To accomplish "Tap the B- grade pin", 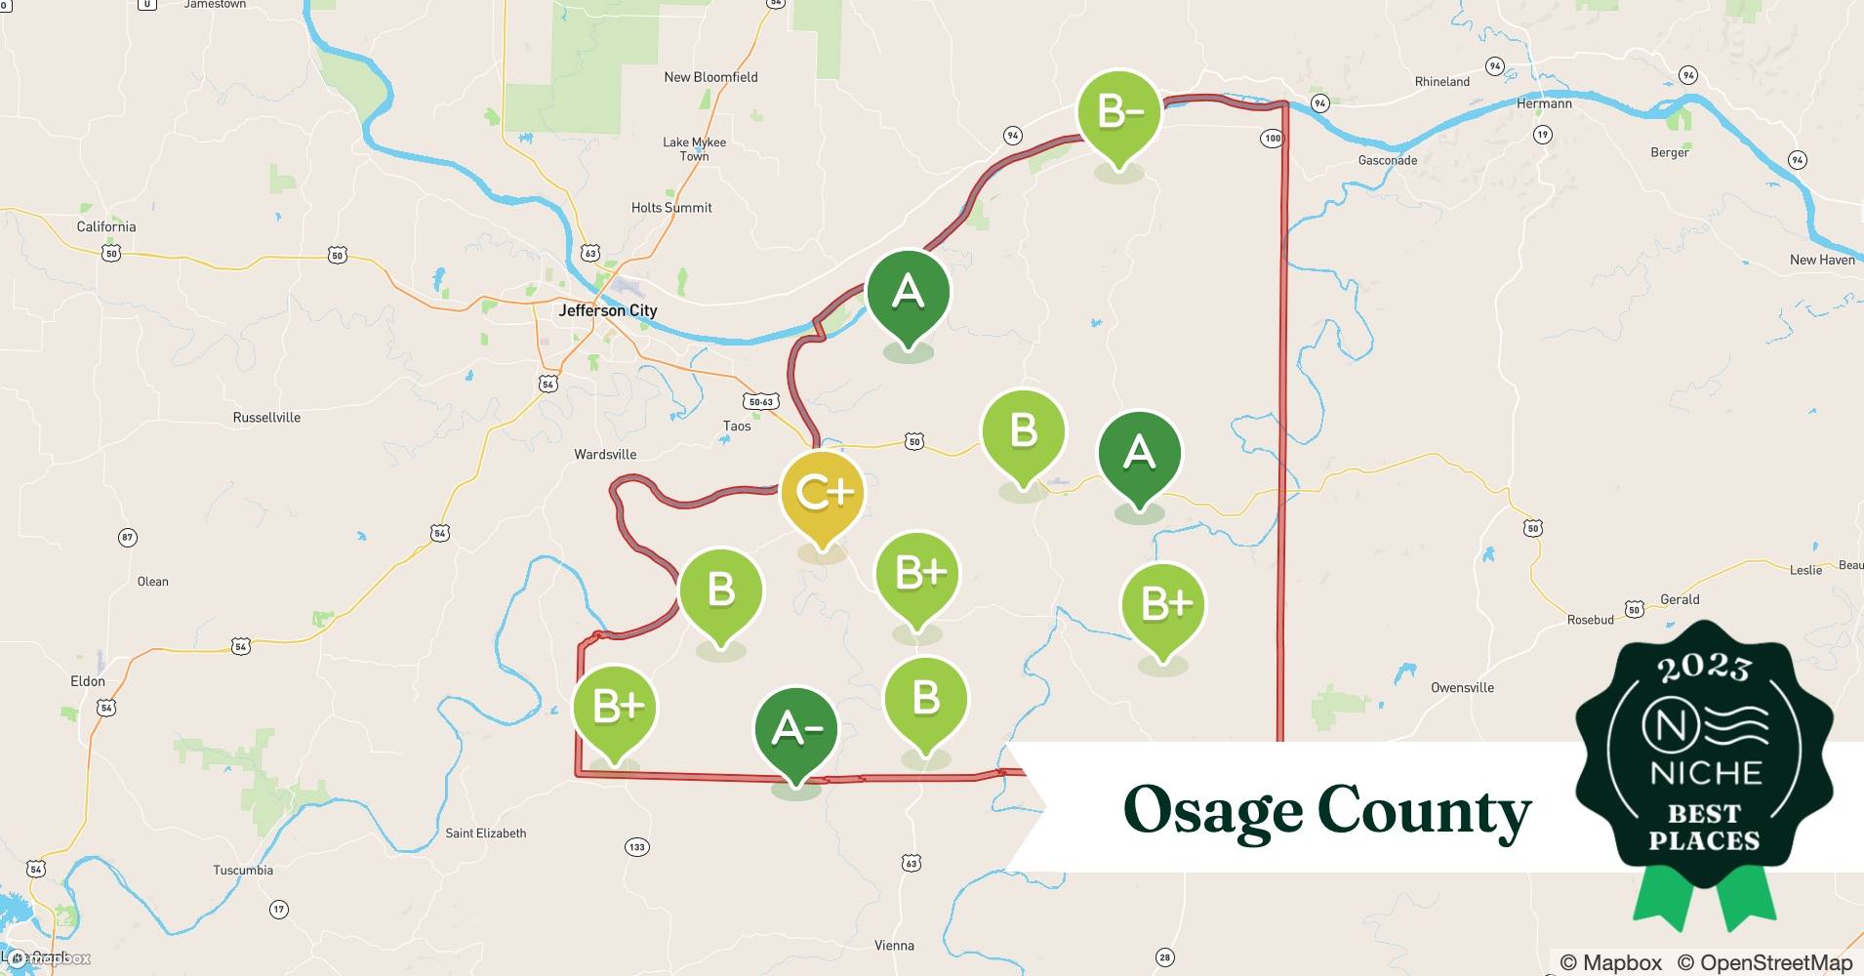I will (x=1119, y=113).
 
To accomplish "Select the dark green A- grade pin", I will (x=796, y=730).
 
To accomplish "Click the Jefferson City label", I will (x=607, y=310).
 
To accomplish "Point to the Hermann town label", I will (x=1544, y=103).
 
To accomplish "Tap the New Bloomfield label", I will (x=710, y=77).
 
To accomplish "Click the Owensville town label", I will (x=1462, y=687).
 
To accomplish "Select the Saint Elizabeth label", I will (x=485, y=833).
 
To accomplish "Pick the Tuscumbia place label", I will (x=243, y=870).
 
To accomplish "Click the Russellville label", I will (x=266, y=417).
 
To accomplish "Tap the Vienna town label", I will (x=894, y=945).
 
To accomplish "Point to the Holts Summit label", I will (x=671, y=207).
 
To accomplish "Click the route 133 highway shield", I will (x=636, y=846).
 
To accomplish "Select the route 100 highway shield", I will (x=1272, y=139).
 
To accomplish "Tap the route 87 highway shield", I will (x=127, y=537).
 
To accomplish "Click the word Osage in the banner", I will (x=1211, y=810).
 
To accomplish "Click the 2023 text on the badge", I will (x=1704, y=668).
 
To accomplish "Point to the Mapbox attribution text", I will (x=1610, y=962).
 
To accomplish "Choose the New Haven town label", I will (x=1822, y=260).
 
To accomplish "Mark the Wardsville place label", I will (x=605, y=454).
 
